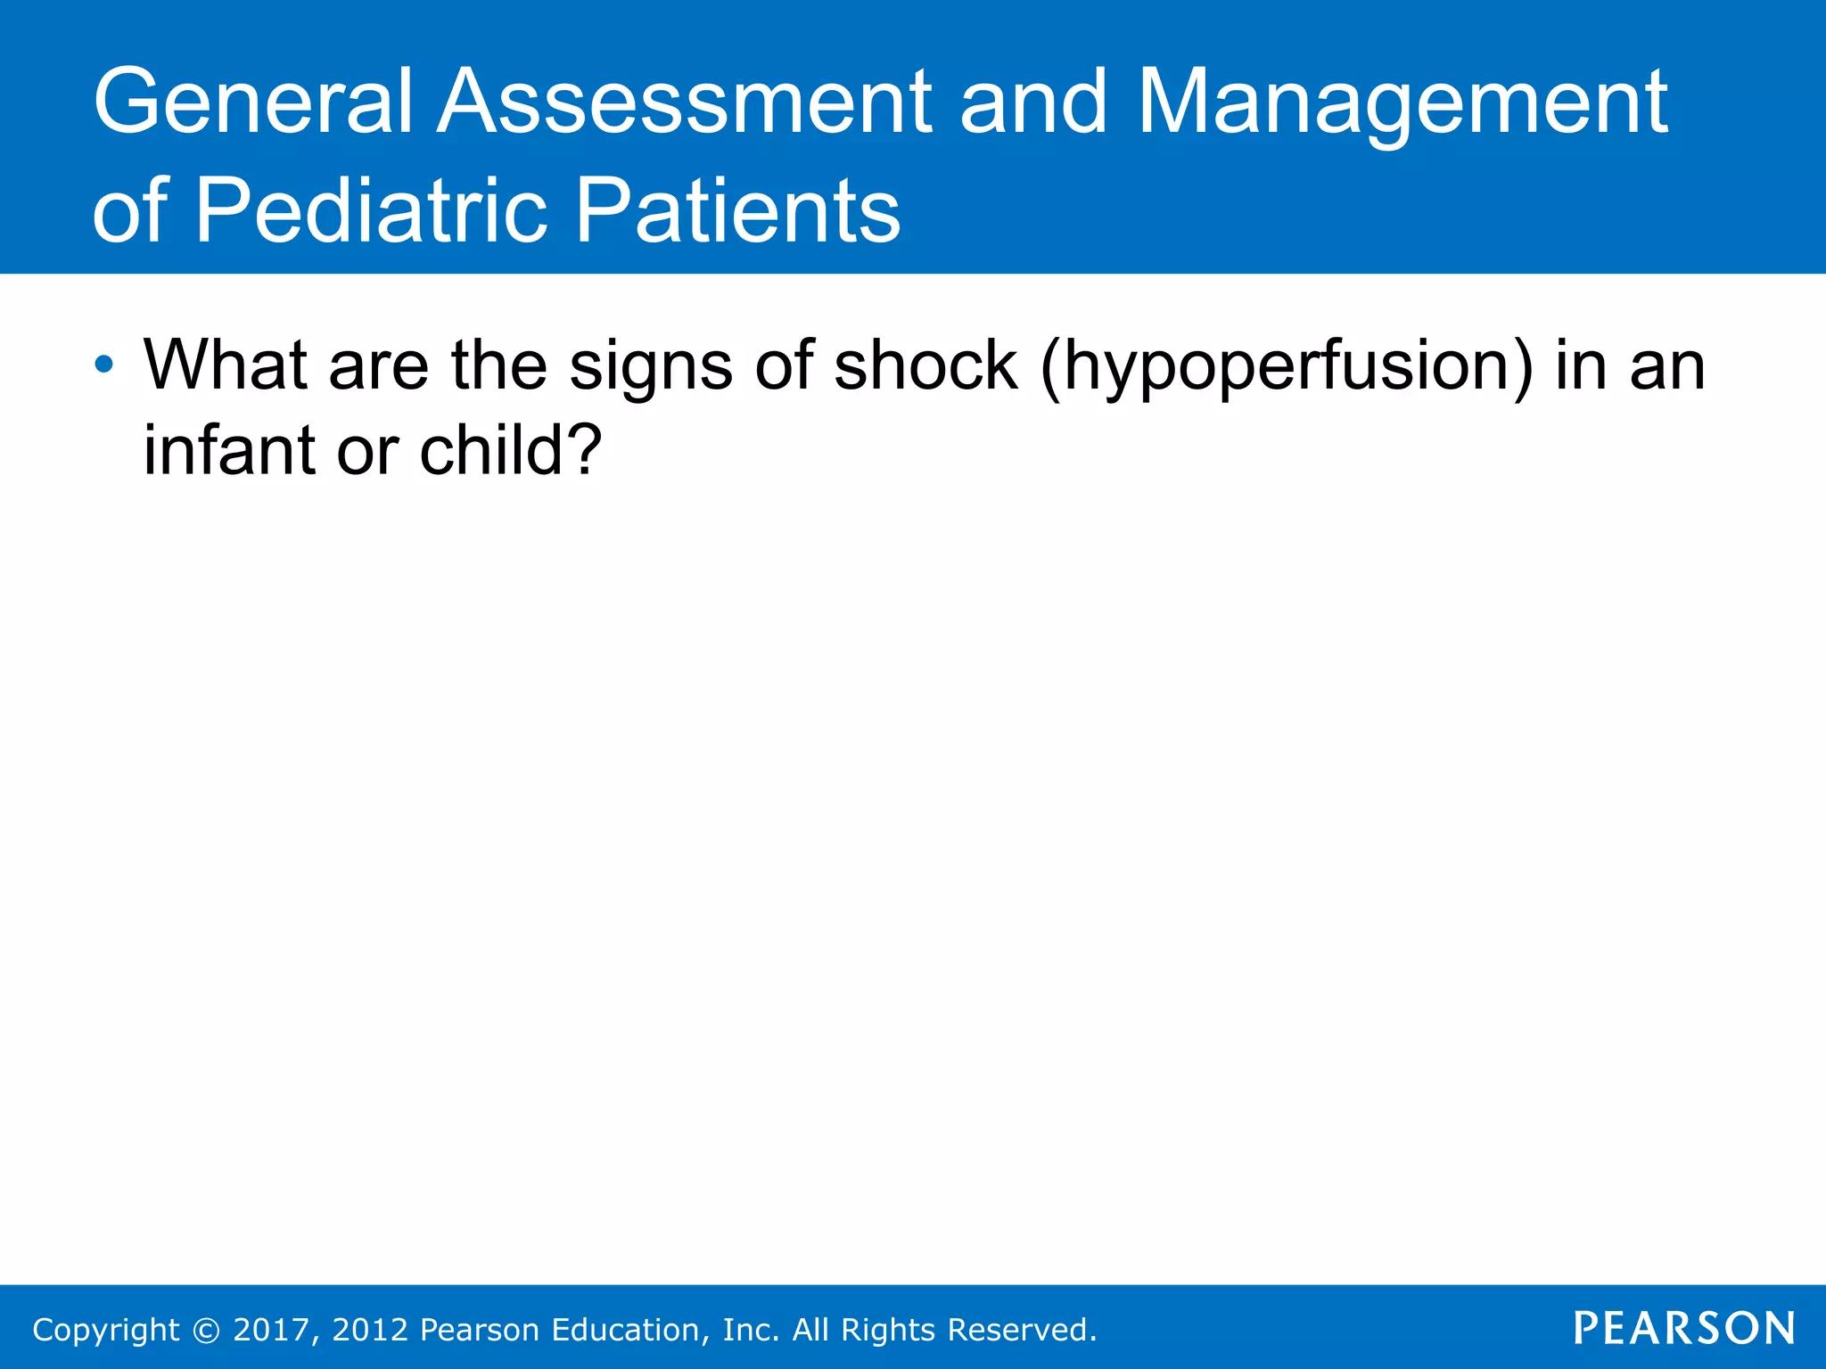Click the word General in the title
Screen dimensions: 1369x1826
point(252,102)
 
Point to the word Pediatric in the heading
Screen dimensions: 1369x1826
point(369,211)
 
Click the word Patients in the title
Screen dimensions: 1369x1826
point(738,211)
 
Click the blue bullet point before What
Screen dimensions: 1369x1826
point(104,365)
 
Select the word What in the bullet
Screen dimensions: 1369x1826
point(226,365)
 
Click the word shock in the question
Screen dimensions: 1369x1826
point(925,365)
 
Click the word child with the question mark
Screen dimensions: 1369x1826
point(511,449)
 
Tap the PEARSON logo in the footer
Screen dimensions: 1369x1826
point(1684,1328)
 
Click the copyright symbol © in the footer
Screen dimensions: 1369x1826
point(206,1330)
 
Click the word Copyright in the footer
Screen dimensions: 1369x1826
point(106,1330)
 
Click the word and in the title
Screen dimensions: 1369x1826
point(1032,102)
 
